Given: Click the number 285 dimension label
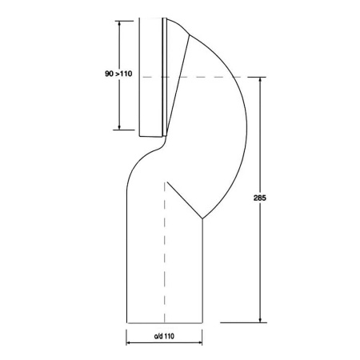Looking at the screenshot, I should tap(257, 198).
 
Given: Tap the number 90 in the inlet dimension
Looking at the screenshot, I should tap(109, 74).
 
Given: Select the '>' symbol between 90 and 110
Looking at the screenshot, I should tap(117, 74).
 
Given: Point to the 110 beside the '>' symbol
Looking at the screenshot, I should tap(126, 74).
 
